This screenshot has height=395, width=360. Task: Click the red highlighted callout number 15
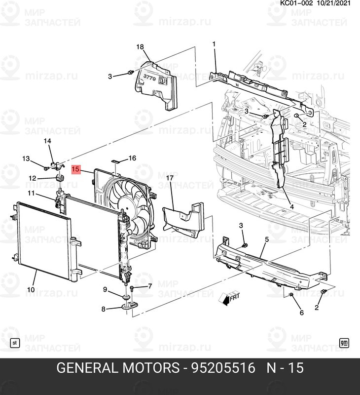75,169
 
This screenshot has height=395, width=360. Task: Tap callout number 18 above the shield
140,47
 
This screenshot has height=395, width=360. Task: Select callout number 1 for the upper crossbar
214,44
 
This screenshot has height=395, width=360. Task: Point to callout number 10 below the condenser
31,290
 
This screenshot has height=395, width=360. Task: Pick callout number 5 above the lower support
266,239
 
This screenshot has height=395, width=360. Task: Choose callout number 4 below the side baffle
291,206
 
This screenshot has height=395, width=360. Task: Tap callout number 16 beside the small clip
132,158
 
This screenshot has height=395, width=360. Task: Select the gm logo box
345,342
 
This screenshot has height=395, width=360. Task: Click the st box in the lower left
14,342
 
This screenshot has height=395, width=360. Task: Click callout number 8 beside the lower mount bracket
104,309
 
